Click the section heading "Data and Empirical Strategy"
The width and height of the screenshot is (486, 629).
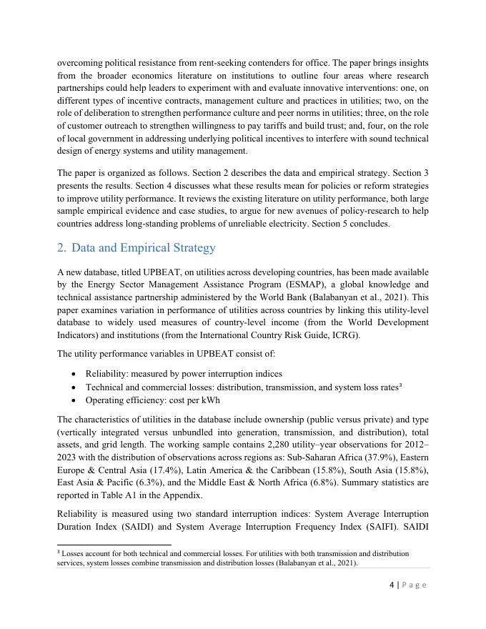coord(143,248)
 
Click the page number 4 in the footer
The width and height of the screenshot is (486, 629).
coord(392,585)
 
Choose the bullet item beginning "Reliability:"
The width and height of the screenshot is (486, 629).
coord(184,374)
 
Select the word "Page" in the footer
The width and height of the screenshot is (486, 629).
coord(415,585)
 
